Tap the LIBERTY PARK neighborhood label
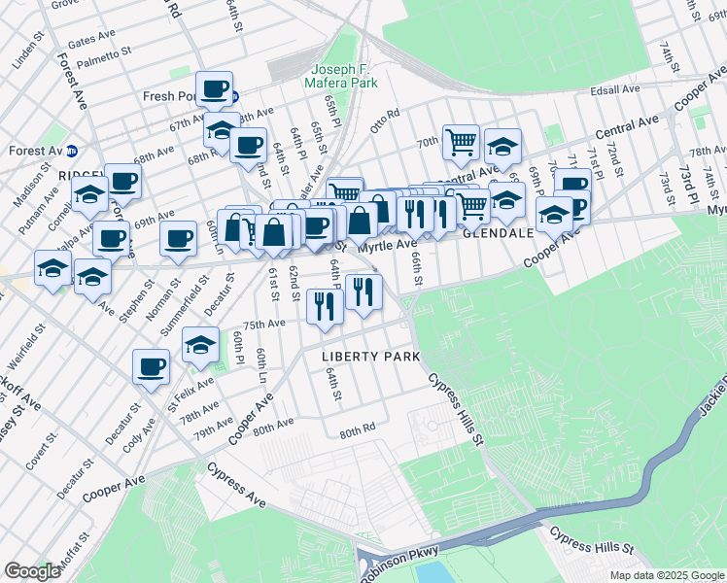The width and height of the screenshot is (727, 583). click(371, 357)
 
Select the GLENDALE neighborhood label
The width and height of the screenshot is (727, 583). click(498, 234)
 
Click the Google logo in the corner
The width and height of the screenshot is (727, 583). click(32, 571)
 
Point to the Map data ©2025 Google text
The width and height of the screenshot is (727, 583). click(667, 575)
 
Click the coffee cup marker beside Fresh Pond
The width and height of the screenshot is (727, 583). click(215, 89)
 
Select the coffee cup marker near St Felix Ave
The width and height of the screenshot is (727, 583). click(152, 366)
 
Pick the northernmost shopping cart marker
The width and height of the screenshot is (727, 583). click(461, 142)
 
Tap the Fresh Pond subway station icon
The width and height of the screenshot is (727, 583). click(235, 96)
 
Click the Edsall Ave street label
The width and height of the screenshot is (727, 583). click(616, 89)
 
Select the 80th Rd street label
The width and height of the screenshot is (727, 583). click(357, 430)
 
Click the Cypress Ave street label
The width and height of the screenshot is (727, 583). click(235, 483)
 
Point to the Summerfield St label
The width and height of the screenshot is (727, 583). click(176, 304)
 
